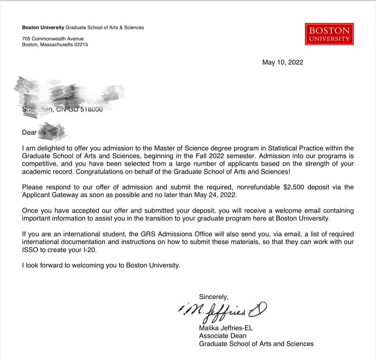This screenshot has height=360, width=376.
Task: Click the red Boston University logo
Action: click(x=329, y=34)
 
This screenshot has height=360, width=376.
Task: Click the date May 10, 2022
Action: click(x=282, y=62)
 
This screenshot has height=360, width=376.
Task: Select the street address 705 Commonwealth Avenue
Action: click(x=53, y=39)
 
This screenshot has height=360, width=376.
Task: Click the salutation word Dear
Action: click(x=29, y=133)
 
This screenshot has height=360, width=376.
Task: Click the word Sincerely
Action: click(x=214, y=297)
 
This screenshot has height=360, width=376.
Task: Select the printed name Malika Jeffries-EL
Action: click(x=226, y=328)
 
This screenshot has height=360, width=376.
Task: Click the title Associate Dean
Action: click(x=223, y=336)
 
